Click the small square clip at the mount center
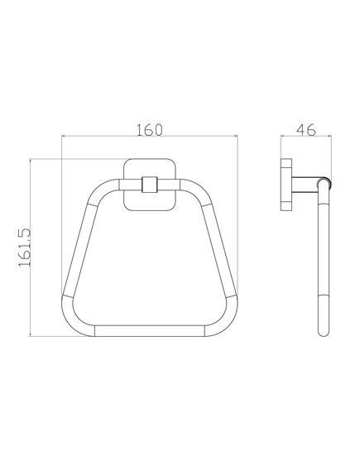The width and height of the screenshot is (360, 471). [x=150, y=182]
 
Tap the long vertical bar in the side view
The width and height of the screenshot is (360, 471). [x=324, y=257]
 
